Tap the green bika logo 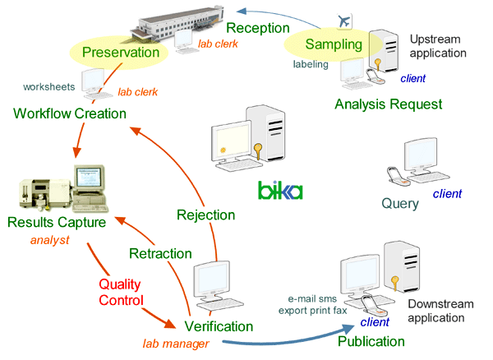pos(280,192)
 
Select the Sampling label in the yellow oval pos(328,43)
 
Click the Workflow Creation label pos(70,113)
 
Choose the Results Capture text pos(58,222)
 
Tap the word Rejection pos(206,215)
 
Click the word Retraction pos(161,252)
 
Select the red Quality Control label pos(121,292)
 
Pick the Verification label pos(219,327)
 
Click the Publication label pos(371,341)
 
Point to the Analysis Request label pos(389,104)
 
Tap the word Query pos(400,204)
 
